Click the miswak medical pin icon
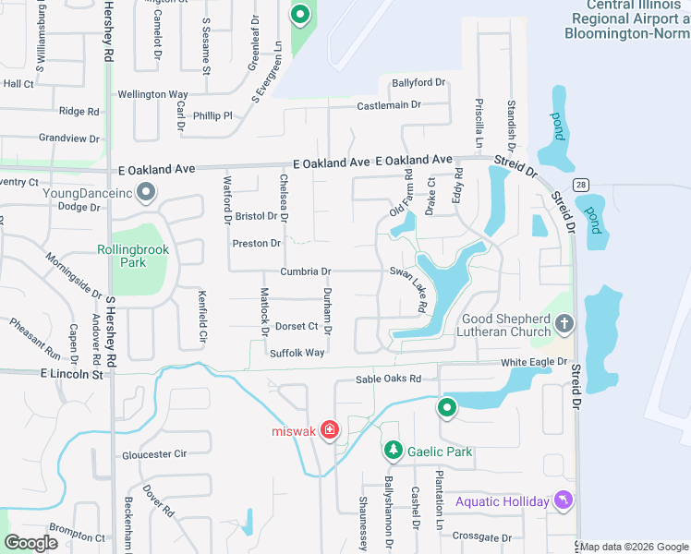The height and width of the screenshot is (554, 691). [330, 431]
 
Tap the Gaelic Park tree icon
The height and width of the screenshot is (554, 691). [394, 451]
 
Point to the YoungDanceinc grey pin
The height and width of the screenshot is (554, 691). [145, 192]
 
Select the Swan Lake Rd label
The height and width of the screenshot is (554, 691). [409, 288]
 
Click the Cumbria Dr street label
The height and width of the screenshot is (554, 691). [305, 271]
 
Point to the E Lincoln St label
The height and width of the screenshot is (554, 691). [71, 373]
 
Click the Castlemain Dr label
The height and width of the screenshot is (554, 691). [389, 105]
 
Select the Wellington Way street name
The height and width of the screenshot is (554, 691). [152, 94]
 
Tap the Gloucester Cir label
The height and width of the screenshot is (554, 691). [154, 454]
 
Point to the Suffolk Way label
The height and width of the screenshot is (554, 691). [297, 353]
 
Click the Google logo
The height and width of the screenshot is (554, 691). [31, 542]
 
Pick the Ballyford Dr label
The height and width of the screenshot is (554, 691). [418, 83]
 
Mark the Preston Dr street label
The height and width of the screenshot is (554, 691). [256, 244]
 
